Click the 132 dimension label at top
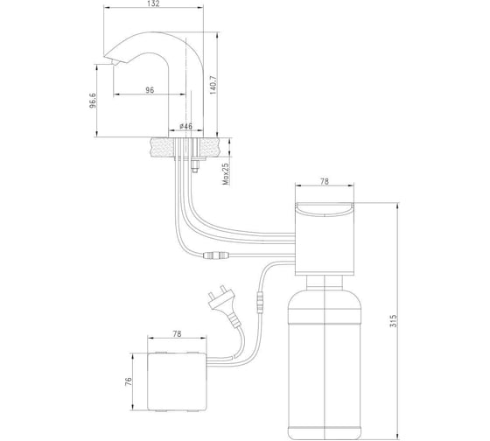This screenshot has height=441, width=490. click(x=153, y=3)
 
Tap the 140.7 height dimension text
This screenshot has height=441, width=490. click(x=213, y=85)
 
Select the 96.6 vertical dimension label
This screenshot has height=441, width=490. click(x=93, y=101)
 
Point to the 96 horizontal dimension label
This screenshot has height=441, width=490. click(x=150, y=90)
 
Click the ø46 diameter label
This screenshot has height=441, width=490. click(x=185, y=126)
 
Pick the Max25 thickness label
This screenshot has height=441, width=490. click(x=226, y=174)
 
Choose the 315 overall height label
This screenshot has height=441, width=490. click(x=394, y=321)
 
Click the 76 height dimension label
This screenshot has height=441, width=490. click(x=129, y=381)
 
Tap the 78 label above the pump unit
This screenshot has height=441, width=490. click(x=325, y=181)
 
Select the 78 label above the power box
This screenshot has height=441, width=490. click(x=177, y=333)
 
